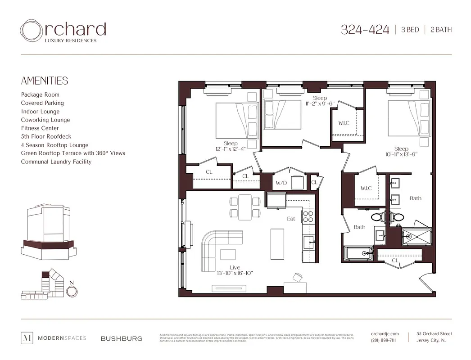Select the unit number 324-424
tap(365, 30)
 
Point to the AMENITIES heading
tap(45, 81)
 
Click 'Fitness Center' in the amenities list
tap(40, 128)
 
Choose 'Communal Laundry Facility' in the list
tap(56, 162)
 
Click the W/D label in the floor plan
tap(281, 183)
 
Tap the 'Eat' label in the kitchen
tap(291, 219)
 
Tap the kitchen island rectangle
tap(277, 242)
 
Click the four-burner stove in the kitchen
tap(308, 217)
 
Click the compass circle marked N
tap(71, 291)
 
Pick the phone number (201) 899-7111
tap(384, 340)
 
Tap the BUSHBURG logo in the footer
tap(121, 338)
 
